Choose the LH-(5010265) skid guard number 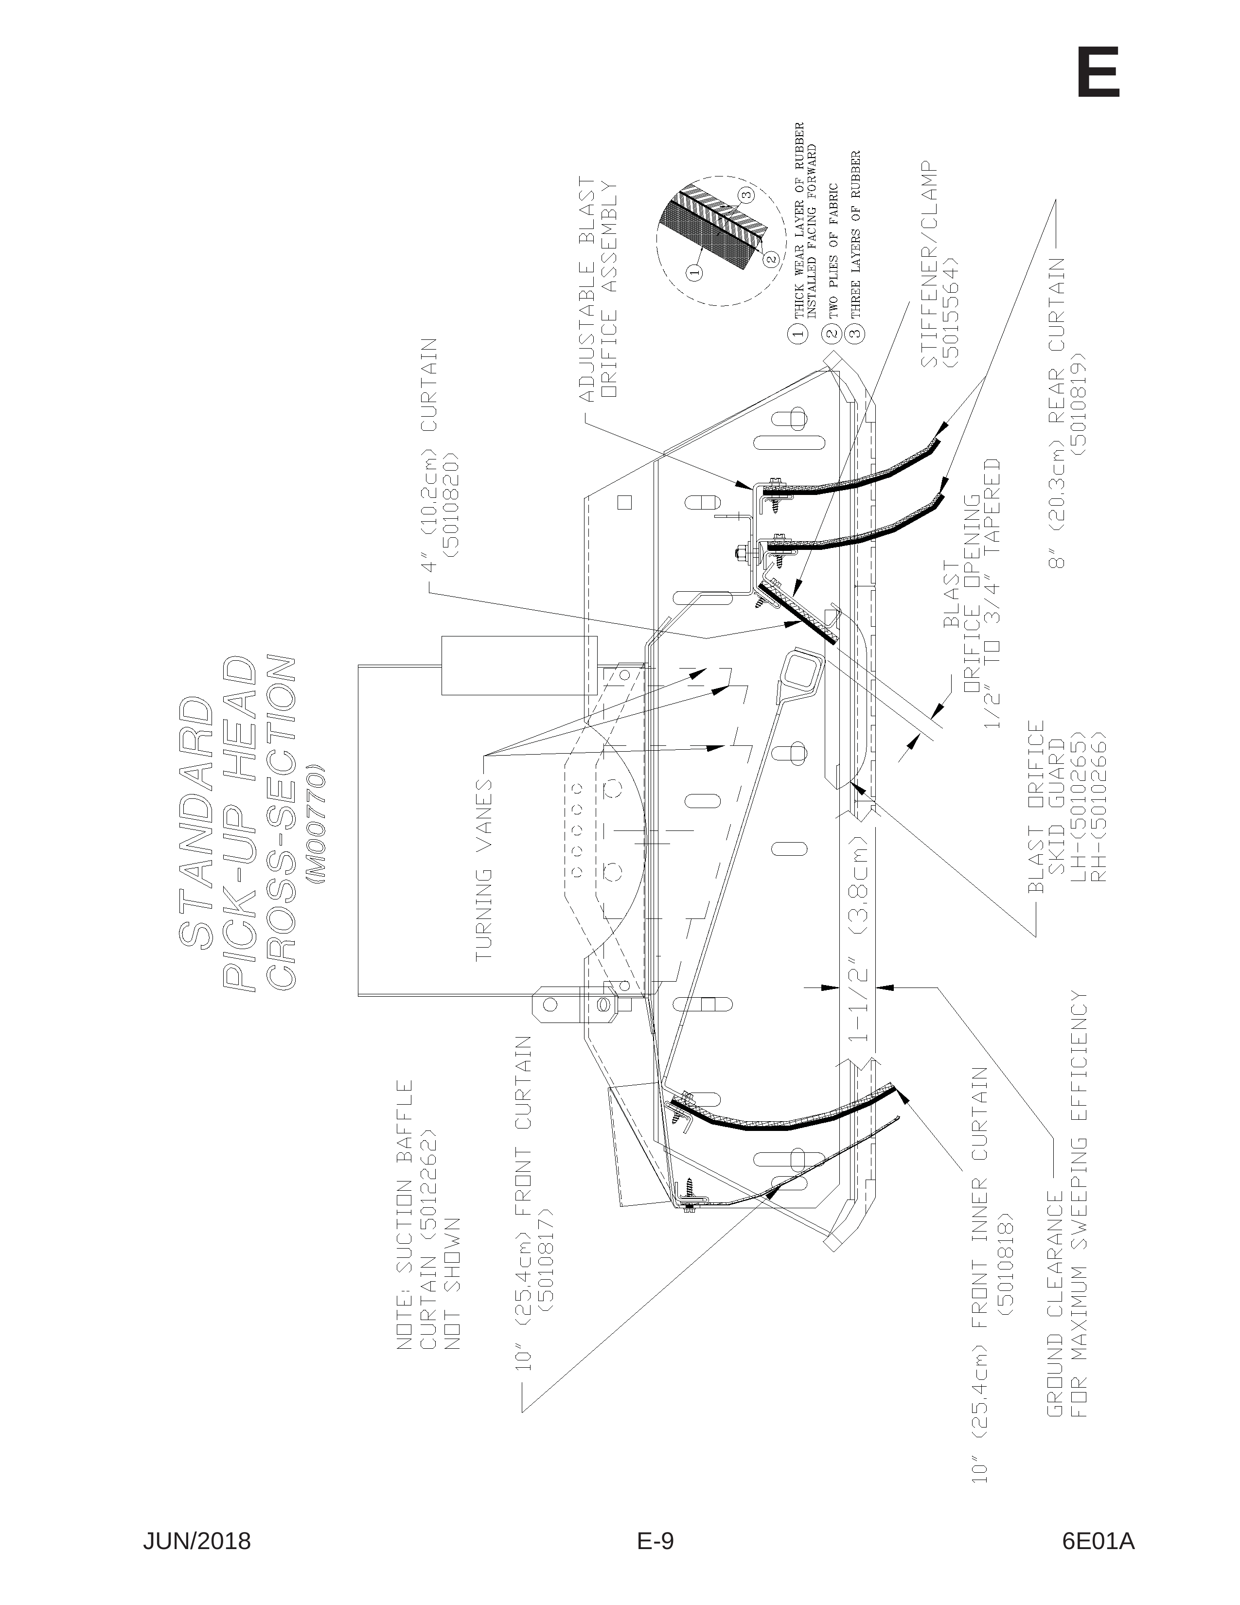pos(1078,805)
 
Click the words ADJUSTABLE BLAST pos(587,290)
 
